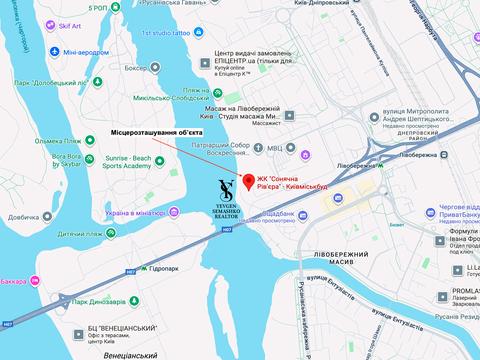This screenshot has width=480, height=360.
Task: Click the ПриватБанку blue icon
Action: click(x=420, y=213)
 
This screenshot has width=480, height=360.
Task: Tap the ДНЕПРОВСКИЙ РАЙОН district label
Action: click(x=441, y=132)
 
